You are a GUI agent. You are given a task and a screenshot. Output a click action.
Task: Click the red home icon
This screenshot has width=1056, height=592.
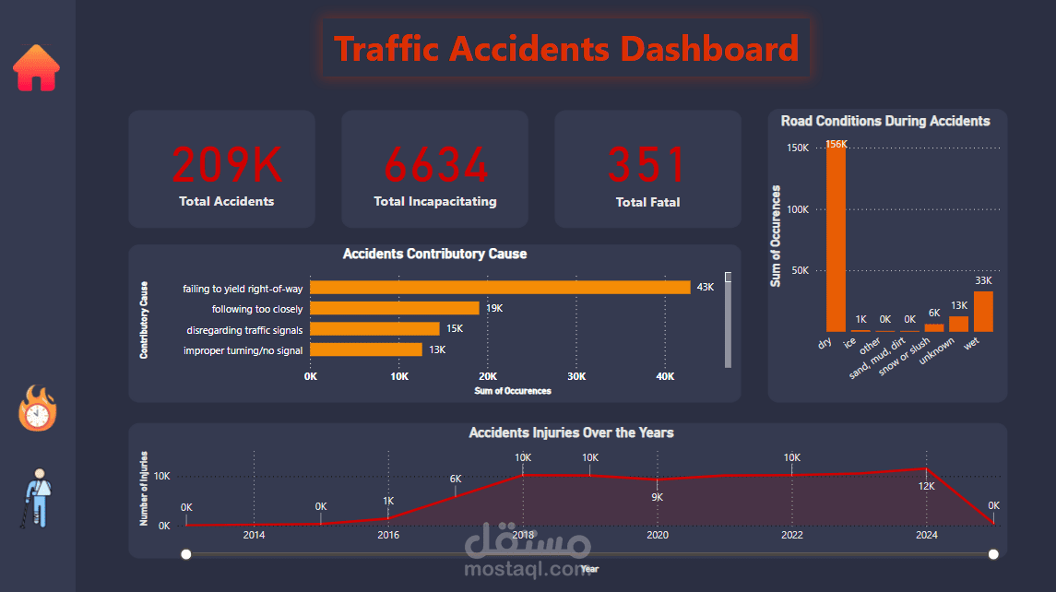pyautogui.click(x=36, y=68)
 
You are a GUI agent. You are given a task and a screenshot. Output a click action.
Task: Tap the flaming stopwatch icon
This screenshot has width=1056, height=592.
pyautogui.click(x=38, y=409)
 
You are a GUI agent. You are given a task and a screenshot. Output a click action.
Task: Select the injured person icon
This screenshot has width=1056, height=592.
pyautogui.click(x=38, y=498)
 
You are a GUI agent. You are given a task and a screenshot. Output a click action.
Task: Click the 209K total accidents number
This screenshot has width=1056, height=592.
pyautogui.click(x=227, y=166)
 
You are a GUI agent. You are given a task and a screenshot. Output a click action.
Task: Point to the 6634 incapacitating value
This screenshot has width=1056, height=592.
pyautogui.click(x=435, y=166)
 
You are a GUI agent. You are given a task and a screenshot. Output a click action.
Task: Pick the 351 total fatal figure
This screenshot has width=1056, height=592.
pyautogui.click(x=647, y=166)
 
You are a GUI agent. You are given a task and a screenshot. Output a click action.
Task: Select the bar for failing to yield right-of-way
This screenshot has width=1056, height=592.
pyautogui.click(x=500, y=288)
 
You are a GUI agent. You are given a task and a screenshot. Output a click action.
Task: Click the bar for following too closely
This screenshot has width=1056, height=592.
pyautogui.click(x=395, y=308)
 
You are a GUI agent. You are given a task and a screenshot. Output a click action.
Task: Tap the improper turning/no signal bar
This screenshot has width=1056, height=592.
pyautogui.click(x=366, y=349)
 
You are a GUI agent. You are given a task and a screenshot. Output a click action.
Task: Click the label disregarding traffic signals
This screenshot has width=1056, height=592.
pyautogui.click(x=244, y=329)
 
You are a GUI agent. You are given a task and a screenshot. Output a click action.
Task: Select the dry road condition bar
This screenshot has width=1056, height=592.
pyautogui.click(x=836, y=238)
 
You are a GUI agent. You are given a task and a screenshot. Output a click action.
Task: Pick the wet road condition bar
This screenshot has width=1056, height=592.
pyautogui.click(x=983, y=312)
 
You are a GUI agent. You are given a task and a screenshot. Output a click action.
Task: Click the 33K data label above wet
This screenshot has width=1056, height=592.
pyautogui.click(x=983, y=280)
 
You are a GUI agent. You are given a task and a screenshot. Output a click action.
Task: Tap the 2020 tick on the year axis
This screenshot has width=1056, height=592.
pyautogui.click(x=658, y=535)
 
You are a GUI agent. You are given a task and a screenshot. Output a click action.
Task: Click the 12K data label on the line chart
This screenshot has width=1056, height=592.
pyautogui.click(x=926, y=486)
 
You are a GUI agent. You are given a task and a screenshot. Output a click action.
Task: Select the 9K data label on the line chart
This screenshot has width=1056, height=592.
pyautogui.click(x=658, y=497)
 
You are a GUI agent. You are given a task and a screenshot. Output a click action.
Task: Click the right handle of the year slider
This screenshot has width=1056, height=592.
pyautogui.click(x=993, y=554)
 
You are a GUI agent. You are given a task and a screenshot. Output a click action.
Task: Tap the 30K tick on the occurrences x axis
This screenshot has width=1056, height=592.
pyautogui.click(x=576, y=376)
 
